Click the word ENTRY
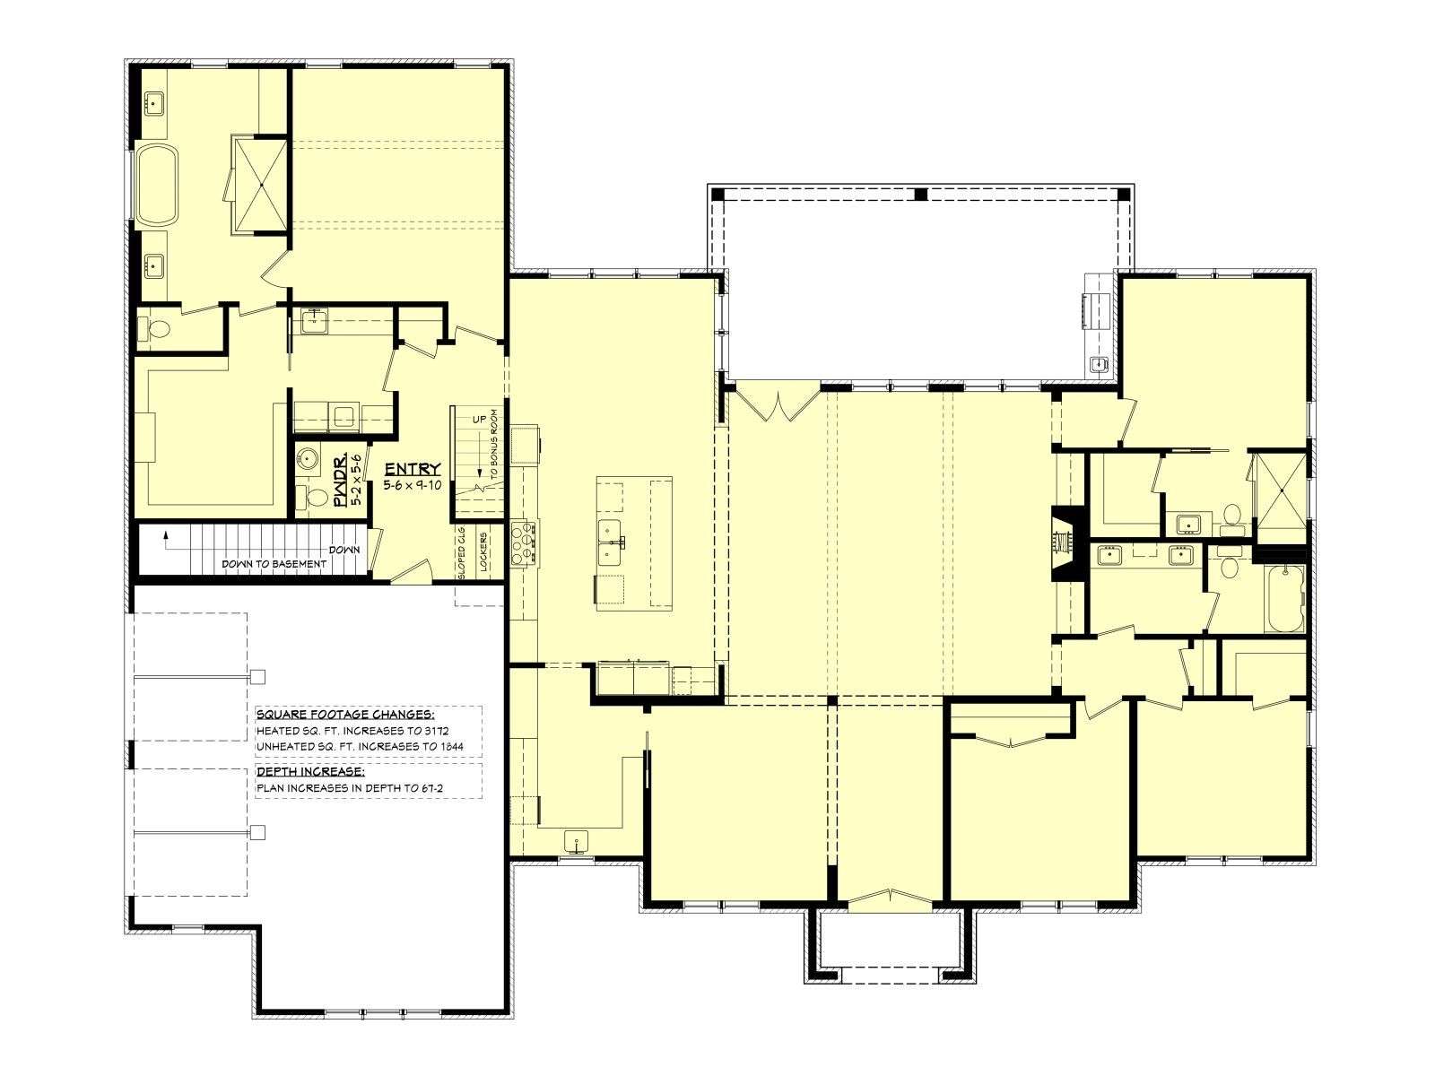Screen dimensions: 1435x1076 click(x=413, y=469)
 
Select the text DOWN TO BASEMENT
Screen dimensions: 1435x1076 click(x=274, y=563)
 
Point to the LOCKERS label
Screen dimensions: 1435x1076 click(x=483, y=552)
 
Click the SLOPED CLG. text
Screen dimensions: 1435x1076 click(x=462, y=552)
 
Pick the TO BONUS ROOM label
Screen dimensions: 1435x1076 click(x=494, y=447)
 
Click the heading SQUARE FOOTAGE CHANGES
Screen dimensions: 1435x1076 click(x=345, y=714)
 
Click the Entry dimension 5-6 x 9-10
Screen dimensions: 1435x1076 click(x=413, y=485)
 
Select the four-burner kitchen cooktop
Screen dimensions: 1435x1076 click(x=523, y=542)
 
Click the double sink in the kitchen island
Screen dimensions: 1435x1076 click(x=612, y=542)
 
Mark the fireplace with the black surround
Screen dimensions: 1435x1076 click(x=1066, y=542)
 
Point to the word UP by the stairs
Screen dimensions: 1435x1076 click(x=480, y=419)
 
